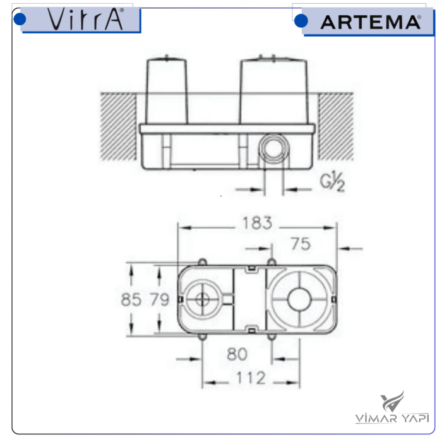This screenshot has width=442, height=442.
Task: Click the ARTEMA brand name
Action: [x=370, y=22]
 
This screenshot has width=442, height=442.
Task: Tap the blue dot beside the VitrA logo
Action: [x=20, y=20]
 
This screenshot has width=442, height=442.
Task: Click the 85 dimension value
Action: [x=131, y=299]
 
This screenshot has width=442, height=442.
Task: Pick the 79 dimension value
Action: [x=159, y=299]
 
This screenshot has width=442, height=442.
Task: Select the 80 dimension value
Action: [x=237, y=355]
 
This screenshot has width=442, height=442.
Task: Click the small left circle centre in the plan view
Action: [x=202, y=300]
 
